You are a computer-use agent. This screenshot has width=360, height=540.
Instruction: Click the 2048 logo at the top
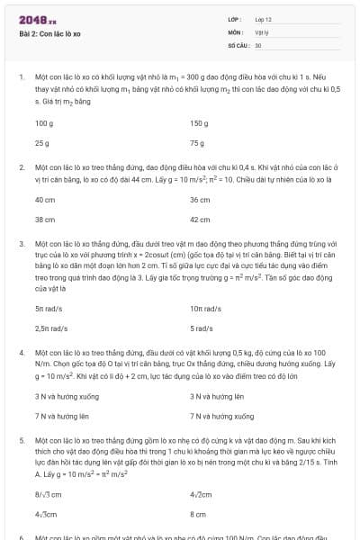pyautogui.click(x=38, y=19)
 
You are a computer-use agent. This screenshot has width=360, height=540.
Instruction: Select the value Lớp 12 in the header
pyautogui.click(x=264, y=19)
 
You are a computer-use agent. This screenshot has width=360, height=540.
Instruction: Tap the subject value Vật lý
pyautogui.click(x=262, y=31)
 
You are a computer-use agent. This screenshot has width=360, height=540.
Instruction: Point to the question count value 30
pyautogui.click(x=258, y=44)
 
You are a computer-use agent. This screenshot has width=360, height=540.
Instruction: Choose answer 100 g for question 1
pyautogui.click(x=44, y=122)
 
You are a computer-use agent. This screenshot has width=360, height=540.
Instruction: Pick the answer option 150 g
pyautogui.click(x=199, y=122)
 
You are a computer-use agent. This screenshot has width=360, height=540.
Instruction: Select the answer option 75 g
pyautogui.click(x=197, y=143)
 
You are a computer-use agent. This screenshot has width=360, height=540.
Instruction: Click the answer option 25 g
pyautogui.click(x=41, y=143)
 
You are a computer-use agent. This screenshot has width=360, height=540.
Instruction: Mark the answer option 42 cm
pyautogui.click(x=200, y=219)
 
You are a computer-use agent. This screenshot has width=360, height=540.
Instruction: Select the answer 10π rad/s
pyautogui.click(x=202, y=309)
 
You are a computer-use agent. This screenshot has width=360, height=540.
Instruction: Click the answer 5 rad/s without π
pyautogui.click(x=202, y=329)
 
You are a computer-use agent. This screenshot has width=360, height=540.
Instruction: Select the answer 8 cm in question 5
pyautogui.click(x=198, y=513)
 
